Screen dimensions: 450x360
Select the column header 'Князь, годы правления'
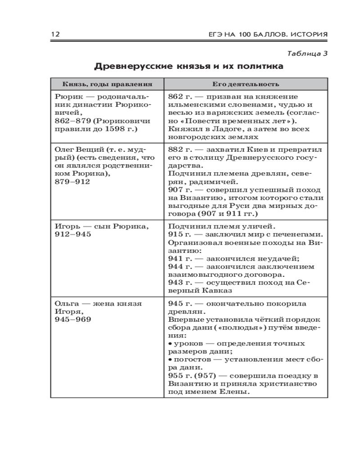coord(107,84)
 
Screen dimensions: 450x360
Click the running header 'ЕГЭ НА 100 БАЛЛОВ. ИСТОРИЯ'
coord(265,35)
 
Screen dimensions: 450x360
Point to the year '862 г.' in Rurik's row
coord(179,97)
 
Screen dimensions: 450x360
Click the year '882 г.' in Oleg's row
coord(179,149)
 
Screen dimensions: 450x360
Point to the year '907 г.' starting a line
coord(179,190)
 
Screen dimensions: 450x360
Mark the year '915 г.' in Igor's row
coord(179,234)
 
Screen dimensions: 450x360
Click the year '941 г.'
coord(179,259)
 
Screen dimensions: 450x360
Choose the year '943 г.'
coord(179,283)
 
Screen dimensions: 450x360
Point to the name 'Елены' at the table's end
coord(235,392)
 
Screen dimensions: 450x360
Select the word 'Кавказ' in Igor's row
coord(204,291)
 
